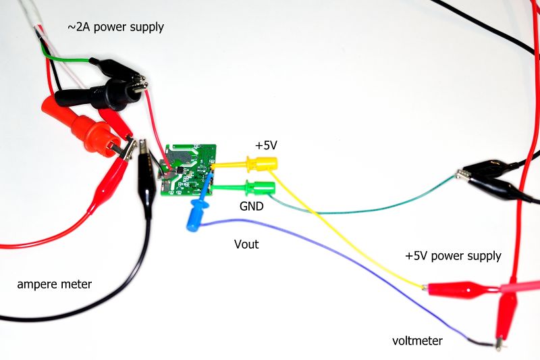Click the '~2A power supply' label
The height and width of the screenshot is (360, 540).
[x=115, y=27]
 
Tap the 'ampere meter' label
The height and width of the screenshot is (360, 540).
[x=54, y=284]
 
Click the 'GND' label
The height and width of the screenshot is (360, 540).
[x=251, y=207]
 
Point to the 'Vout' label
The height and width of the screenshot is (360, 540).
[x=246, y=244]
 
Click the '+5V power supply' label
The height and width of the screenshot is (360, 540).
[x=453, y=256]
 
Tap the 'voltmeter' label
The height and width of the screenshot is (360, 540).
[x=418, y=341]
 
